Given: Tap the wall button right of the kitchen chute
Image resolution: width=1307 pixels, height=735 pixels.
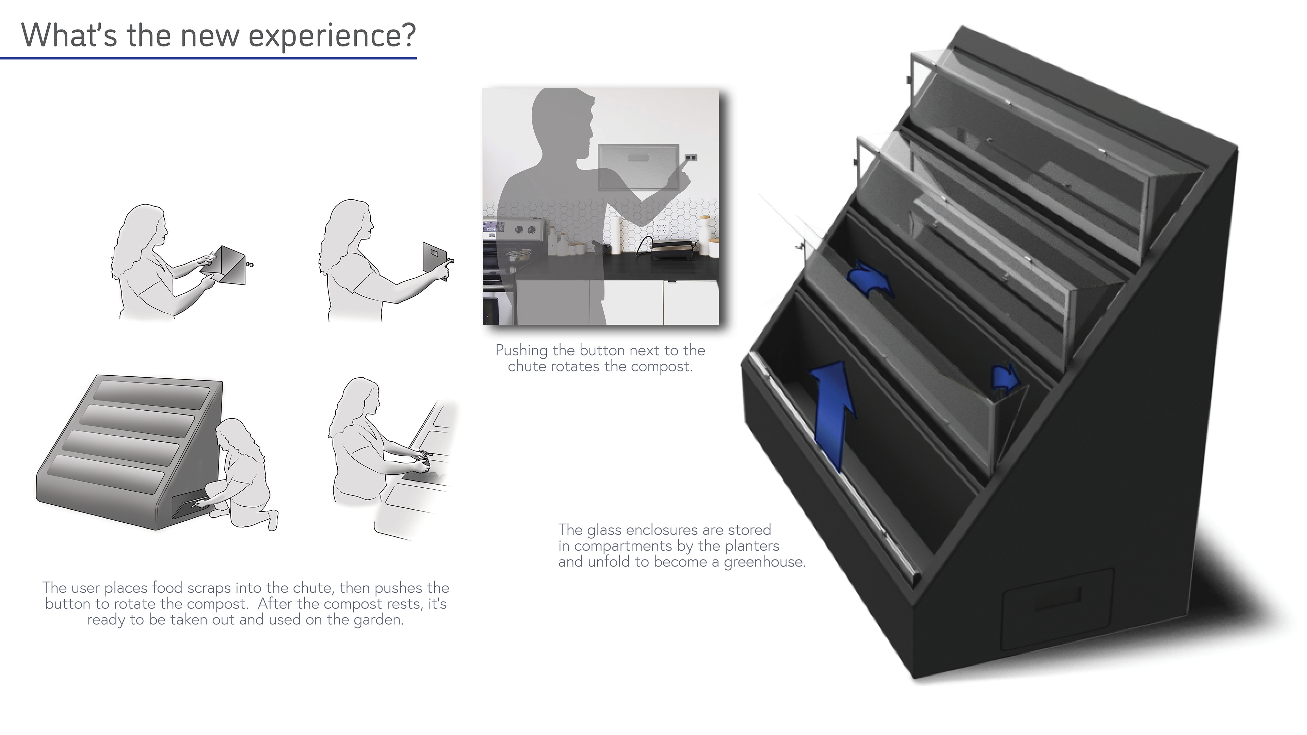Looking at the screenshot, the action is pos(690,157).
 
